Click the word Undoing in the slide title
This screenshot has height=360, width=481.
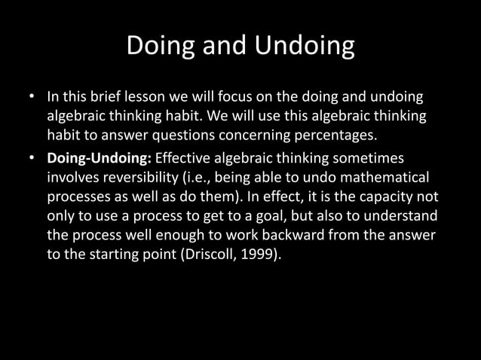305,46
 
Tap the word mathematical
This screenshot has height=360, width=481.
390,178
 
